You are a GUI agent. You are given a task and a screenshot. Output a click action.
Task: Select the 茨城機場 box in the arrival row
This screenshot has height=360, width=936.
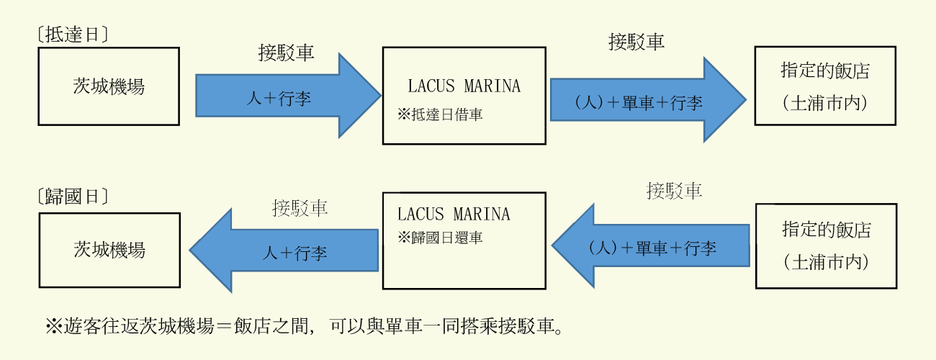pyautogui.click(x=109, y=86)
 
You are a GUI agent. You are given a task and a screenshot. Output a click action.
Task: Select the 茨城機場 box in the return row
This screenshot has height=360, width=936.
pyautogui.click(x=109, y=250)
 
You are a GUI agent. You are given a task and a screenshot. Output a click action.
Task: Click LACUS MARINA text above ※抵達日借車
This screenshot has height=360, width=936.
pyautogui.click(x=464, y=86)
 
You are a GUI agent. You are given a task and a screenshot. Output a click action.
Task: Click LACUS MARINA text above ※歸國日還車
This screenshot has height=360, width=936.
pyautogui.click(x=454, y=214)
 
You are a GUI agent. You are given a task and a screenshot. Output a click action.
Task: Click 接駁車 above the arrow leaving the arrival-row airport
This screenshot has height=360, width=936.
pyautogui.click(x=286, y=53)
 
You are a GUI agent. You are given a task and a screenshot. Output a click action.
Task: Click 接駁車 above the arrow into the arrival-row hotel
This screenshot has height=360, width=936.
pyautogui.click(x=636, y=42)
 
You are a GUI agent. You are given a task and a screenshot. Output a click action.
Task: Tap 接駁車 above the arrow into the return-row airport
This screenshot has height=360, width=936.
pyautogui.click(x=300, y=209)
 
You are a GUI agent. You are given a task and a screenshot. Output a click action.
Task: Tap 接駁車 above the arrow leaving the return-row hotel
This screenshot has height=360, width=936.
pyautogui.click(x=674, y=191)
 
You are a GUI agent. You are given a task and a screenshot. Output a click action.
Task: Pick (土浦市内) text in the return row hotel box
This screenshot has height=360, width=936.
pyautogui.click(x=826, y=262)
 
